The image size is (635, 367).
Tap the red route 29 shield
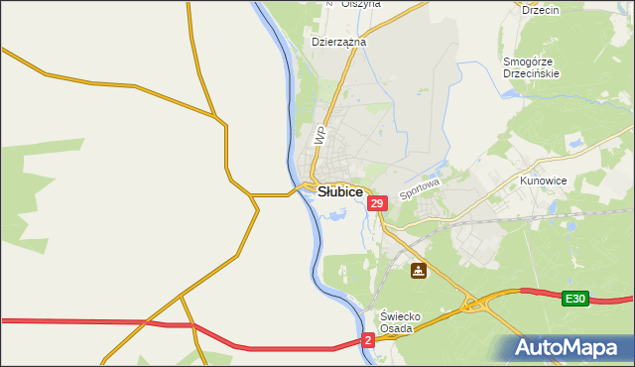coord(376,203)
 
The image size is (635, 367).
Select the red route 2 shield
coord(368,340)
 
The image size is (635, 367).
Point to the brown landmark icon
coord(420,269)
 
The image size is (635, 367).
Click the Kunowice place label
coord(543,183)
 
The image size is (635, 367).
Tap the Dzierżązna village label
coord(339,43)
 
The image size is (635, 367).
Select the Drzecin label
coord(541,10)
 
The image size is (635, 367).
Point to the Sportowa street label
coord(419,185)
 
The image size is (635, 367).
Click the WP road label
coord(319,136)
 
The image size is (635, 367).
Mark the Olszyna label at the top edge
coord(361,4)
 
